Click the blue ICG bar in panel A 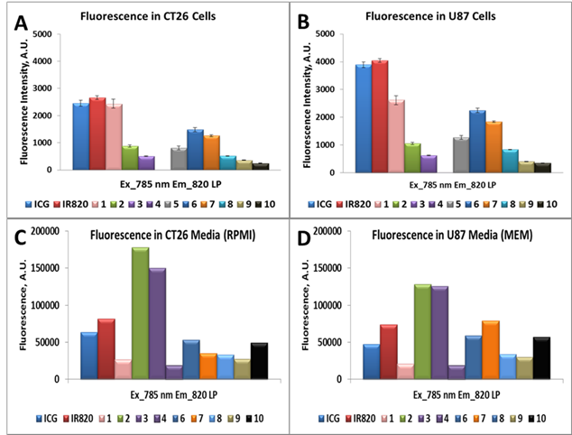click(x=81, y=135)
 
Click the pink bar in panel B click(x=397, y=135)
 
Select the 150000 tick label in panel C click(x=41, y=268)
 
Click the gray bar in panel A click(x=179, y=158)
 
